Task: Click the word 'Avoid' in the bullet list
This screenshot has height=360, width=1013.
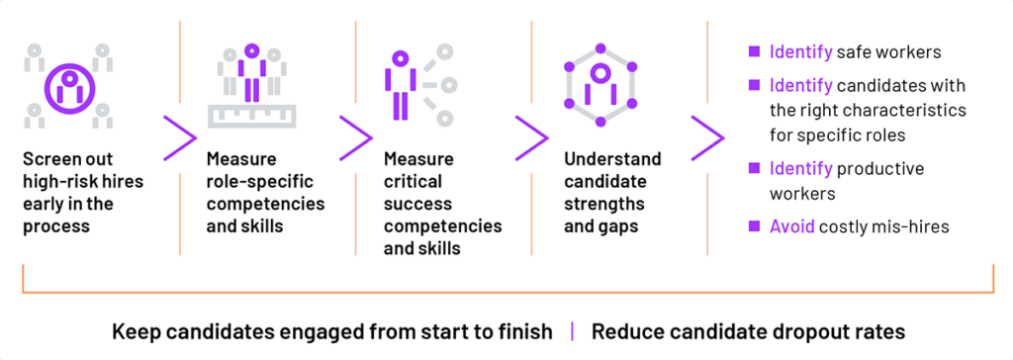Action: (x=792, y=226)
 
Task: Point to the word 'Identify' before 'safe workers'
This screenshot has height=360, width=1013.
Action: (x=801, y=51)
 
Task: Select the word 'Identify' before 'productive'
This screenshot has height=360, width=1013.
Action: (x=801, y=169)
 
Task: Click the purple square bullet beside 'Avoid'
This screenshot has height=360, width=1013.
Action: (x=754, y=225)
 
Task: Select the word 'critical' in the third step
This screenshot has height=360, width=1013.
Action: (x=414, y=182)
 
